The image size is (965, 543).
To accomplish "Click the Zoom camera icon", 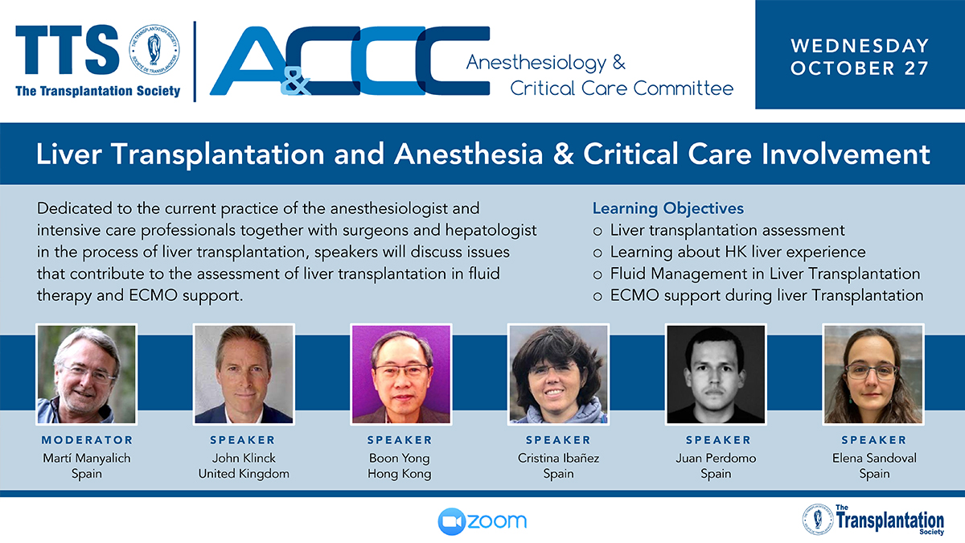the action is point(451,521).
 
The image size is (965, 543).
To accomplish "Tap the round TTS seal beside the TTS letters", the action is point(154,50).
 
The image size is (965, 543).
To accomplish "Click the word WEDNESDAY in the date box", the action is point(860,46).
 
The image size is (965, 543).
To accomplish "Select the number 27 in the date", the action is point(916,68).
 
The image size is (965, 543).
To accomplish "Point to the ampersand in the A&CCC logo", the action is point(296,81).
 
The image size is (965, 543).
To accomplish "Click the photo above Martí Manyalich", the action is point(87,374).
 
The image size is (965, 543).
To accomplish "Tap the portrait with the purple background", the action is point(401,374).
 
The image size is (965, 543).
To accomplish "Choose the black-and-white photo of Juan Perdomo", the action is point(716,374).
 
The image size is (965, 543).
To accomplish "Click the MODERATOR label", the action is point(87,440).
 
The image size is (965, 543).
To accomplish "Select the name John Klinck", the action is point(244,458).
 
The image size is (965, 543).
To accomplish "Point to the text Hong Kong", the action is point(400,474).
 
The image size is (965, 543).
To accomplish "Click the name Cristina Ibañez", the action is point(558,458).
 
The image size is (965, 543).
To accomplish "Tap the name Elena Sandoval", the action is point(875,458).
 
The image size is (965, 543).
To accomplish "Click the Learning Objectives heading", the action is point(668,208).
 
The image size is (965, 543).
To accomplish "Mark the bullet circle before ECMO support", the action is point(597,297).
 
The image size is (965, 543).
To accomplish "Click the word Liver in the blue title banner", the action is point(69,154).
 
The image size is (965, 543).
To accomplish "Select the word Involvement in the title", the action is point(846,154).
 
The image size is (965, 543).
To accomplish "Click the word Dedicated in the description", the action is point(75,208).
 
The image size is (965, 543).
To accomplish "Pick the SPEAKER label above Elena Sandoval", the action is point(875,440).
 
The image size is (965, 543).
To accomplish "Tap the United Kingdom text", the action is point(244,474).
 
